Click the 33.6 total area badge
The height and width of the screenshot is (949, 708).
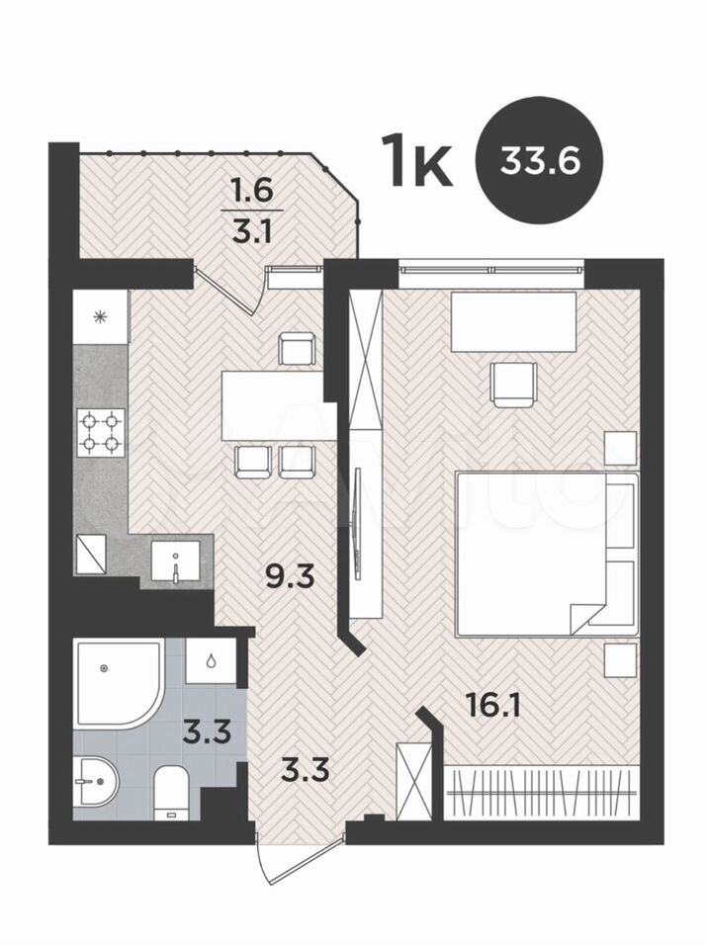540,161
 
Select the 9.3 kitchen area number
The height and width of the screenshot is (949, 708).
291,576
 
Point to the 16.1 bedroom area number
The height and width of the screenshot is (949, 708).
493,705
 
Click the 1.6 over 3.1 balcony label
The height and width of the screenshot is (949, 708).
252,212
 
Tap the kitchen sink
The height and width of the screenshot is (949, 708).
175,561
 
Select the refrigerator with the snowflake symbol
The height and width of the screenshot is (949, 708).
101,316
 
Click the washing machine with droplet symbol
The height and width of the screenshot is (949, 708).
211,661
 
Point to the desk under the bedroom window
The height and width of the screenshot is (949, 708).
513,321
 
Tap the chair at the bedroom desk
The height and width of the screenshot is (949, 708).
513,385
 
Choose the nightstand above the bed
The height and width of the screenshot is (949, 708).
621,448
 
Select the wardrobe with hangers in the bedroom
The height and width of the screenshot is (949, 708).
542,792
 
